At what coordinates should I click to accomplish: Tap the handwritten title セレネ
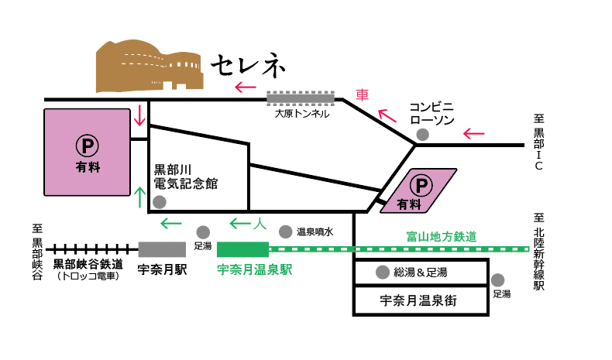(249, 66)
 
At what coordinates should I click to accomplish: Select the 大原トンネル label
(302, 114)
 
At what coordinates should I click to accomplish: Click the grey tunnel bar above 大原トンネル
(301, 98)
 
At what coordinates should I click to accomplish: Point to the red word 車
(362, 95)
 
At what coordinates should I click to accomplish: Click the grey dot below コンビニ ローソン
(422, 135)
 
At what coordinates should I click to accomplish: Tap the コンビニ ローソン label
(431, 114)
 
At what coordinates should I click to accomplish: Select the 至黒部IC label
(539, 143)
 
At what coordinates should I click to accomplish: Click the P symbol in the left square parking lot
(86, 145)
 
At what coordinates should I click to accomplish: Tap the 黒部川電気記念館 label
(186, 177)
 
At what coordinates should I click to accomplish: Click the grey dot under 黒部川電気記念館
(160, 202)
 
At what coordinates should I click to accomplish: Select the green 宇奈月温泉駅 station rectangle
(242, 249)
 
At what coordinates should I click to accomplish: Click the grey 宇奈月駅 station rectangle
(163, 249)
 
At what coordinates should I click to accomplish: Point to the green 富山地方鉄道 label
(441, 236)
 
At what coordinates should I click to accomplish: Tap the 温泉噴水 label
(315, 231)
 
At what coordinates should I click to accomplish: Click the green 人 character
(260, 224)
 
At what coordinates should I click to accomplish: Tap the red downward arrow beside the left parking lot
(139, 117)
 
